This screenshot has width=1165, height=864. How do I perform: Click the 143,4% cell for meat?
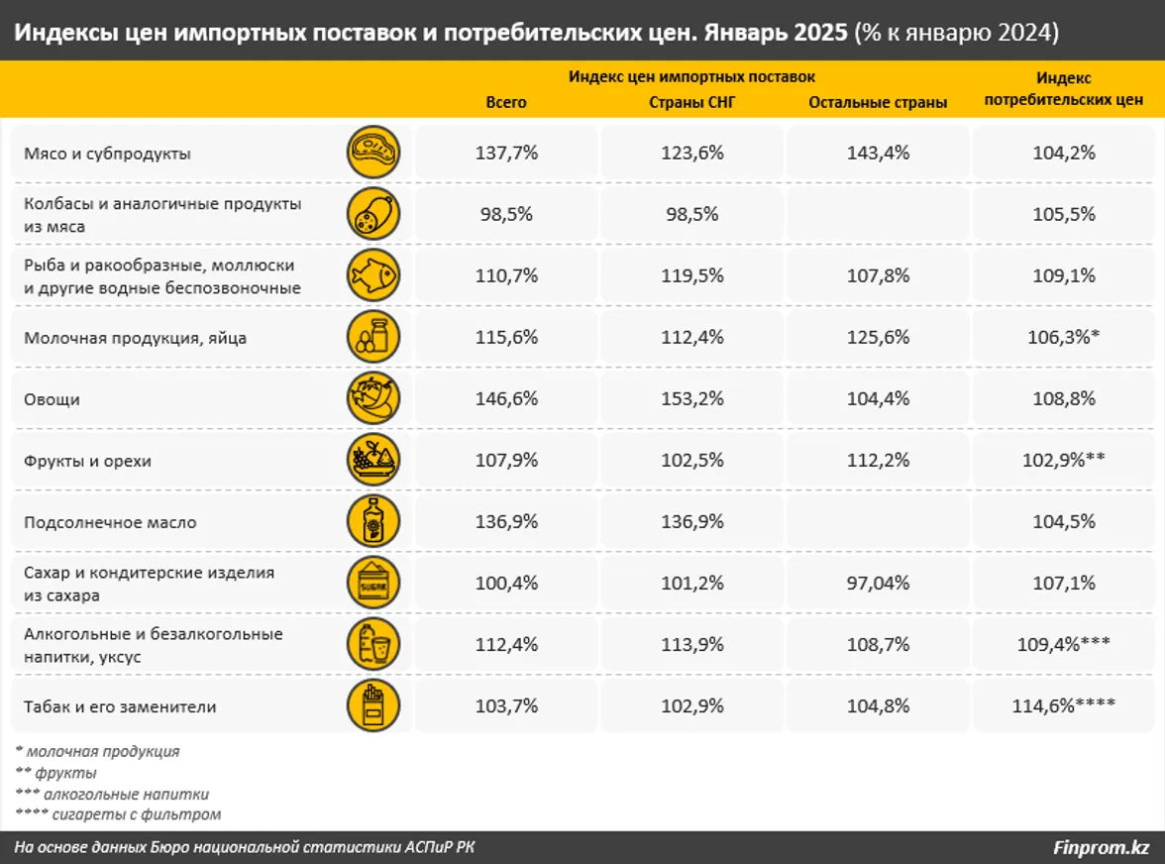click(878, 153)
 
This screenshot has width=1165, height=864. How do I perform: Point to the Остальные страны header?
click(878, 102)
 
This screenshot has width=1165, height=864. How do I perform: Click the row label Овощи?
click(52, 399)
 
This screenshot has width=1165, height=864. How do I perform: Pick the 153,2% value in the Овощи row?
click(692, 399)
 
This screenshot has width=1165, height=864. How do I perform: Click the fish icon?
click(373, 275)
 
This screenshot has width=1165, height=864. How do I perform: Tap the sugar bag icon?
click(373, 583)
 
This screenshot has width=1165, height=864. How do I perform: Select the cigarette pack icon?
click(373, 706)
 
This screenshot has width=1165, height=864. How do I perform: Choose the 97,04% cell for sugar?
click(878, 583)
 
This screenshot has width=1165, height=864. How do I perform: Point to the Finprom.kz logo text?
click(1101, 848)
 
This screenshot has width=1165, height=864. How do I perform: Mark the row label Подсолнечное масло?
click(111, 522)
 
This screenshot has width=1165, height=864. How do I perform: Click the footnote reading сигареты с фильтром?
click(119, 814)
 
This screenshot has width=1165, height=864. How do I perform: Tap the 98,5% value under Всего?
click(505, 214)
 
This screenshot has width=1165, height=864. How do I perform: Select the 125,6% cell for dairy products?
click(878, 337)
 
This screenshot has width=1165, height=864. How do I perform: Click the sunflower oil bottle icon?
click(373, 521)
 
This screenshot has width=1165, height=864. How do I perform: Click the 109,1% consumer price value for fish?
click(1064, 275)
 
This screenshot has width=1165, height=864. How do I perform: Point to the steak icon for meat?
click(373, 153)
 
